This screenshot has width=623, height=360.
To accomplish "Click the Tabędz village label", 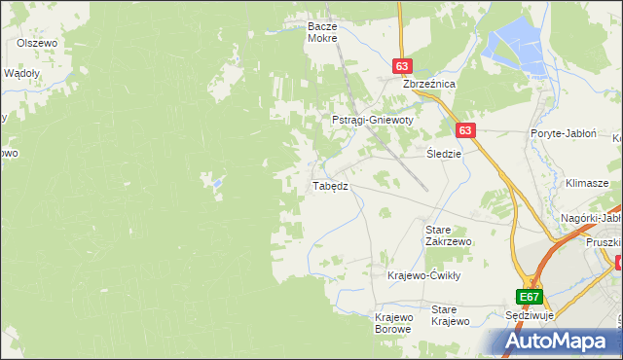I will tap(329, 185).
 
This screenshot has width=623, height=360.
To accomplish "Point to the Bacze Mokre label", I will tap(321, 32).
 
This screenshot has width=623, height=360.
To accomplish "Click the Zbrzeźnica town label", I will tap(429, 85).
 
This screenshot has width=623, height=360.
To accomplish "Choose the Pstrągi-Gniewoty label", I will tap(373, 120).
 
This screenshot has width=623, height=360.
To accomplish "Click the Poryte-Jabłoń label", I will tap(563, 133).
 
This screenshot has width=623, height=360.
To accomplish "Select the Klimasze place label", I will tap(587, 183).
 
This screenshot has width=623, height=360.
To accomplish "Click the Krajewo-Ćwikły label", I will tap(423, 275).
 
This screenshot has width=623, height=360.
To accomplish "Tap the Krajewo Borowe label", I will tap(394, 323).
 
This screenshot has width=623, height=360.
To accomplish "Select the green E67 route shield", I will tap(529, 297).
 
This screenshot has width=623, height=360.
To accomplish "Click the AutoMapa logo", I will tap(559, 341).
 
